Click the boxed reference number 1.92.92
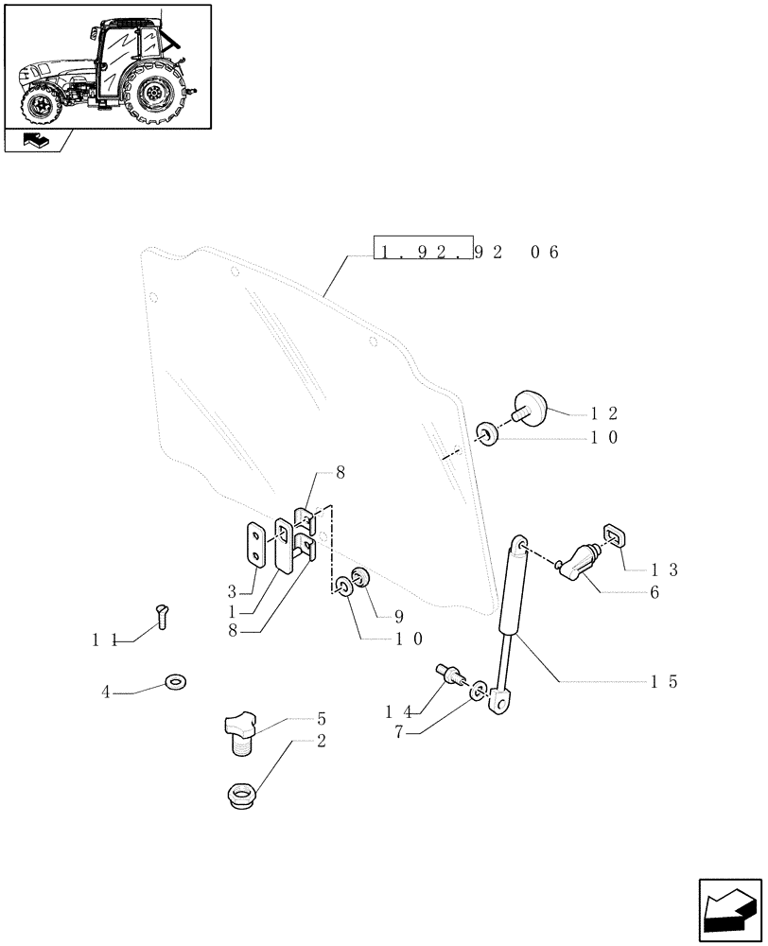tap(423, 252)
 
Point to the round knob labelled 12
tap(533, 410)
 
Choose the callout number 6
tap(655, 593)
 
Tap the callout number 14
tap(397, 711)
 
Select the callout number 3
tap(232, 592)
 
